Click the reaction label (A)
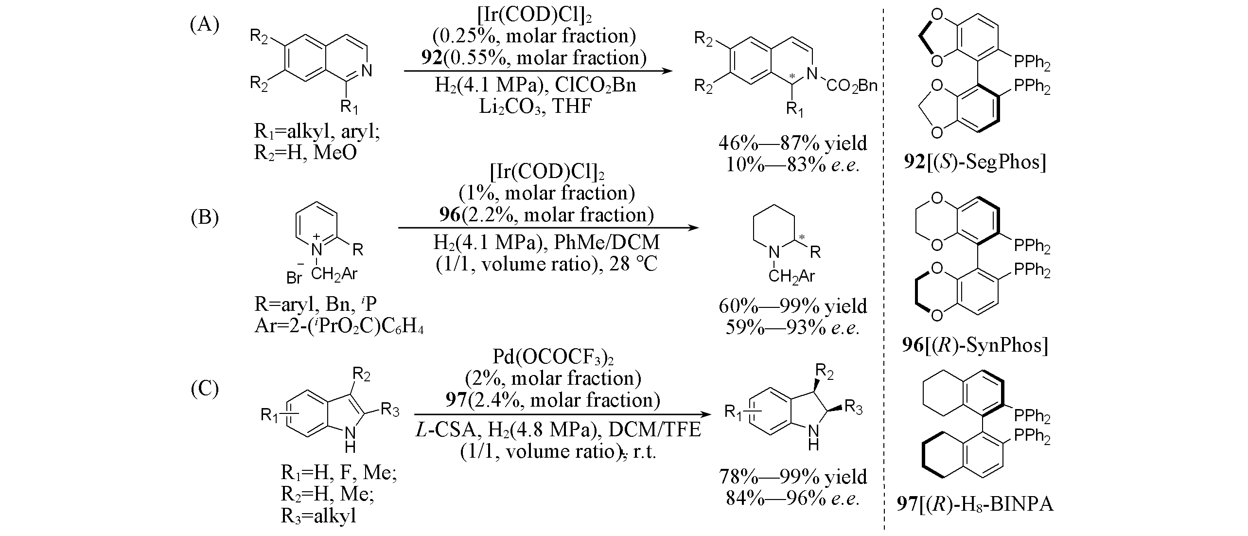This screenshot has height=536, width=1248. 204,24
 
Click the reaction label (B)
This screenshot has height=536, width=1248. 204,217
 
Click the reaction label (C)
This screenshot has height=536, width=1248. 204,389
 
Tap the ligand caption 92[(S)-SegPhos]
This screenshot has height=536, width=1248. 975,162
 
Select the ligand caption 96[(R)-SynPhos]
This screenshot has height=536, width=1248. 975,345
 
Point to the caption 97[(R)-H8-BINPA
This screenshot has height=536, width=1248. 975,503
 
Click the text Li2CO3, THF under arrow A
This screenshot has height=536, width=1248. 535,107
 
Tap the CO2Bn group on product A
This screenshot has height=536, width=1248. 851,86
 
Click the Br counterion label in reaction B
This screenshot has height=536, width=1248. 295,277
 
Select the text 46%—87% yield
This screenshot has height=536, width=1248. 792,143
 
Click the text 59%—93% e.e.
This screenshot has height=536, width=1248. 792,327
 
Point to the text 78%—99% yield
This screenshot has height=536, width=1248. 792,477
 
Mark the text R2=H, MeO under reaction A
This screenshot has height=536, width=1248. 305,153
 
